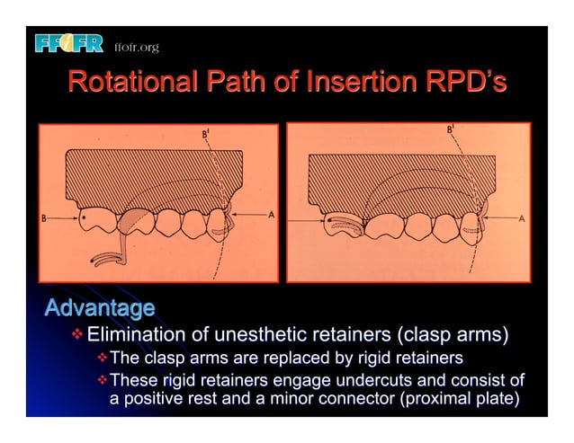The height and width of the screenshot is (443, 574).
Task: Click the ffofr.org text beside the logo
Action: tap(137, 47)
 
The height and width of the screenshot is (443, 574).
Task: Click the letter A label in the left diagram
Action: tap(270, 217)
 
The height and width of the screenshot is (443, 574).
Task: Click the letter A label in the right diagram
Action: tap(522, 217)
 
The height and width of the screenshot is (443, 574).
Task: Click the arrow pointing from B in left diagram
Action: tap(63, 217)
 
